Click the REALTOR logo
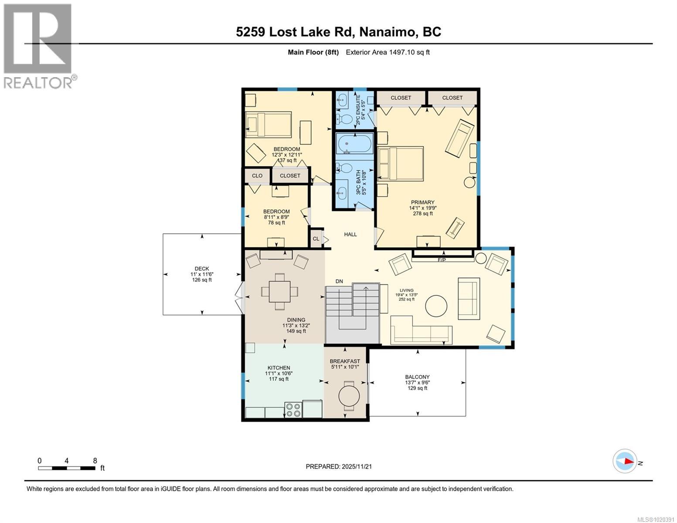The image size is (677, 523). (x=38, y=46)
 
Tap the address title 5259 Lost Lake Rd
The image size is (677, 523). (x=338, y=32)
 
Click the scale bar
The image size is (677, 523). (x=67, y=468)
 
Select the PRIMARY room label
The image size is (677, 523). (x=422, y=202)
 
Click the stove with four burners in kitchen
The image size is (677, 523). (x=293, y=409)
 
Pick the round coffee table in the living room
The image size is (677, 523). (x=436, y=306)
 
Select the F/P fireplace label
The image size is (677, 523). (x=442, y=260)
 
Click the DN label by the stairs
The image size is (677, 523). (x=340, y=282)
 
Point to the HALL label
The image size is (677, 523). (x=350, y=234)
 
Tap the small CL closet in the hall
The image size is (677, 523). (x=316, y=238)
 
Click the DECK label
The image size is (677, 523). (x=202, y=268)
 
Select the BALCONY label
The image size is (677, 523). (x=417, y=377)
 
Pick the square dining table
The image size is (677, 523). (x=280, y=291)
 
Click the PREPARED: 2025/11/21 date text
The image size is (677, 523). (x=339, y=466)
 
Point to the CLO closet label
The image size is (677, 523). (x=257, y=176)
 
